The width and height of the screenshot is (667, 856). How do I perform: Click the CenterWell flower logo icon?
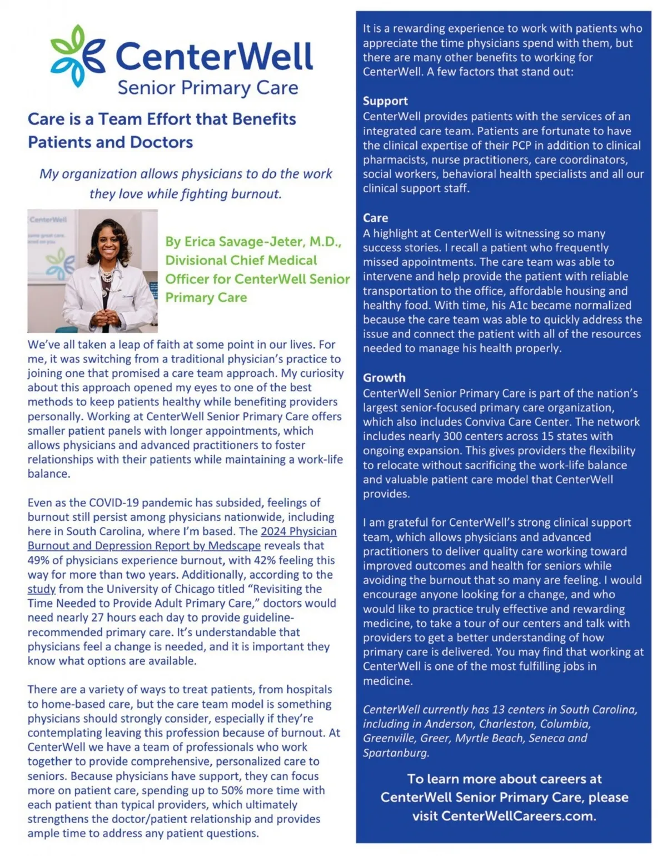click(77, 56)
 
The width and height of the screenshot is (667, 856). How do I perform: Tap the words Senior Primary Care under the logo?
click(208, 88)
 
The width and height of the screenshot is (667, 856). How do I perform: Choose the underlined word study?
click(41, 589)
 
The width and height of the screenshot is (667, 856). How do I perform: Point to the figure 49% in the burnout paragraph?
click(39, 560)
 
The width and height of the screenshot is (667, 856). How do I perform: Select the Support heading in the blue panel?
click(385, 101)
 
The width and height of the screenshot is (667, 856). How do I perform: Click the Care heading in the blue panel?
click(375, 218)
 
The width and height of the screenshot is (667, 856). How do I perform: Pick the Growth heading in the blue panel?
click(384, 377)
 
